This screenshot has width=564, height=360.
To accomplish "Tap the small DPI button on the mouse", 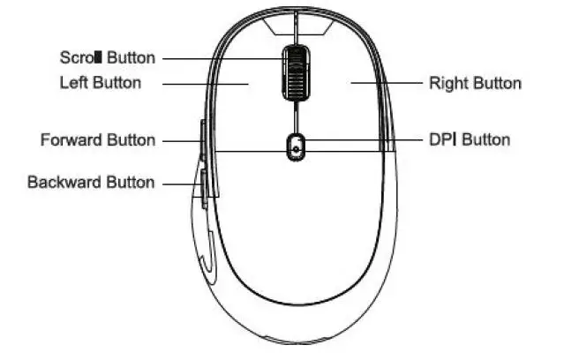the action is (295, 147).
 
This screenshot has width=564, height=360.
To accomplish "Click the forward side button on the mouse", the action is (202, 139).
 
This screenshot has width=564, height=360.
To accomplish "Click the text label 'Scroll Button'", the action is (107, 58).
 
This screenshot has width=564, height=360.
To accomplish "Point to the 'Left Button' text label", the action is (100, 83).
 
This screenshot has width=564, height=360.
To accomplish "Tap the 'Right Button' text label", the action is (475, 84).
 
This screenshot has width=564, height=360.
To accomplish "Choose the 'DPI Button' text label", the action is (469, 139).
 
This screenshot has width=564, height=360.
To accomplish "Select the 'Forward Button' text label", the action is (98, 139).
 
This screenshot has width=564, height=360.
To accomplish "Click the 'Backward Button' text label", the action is (91, 183).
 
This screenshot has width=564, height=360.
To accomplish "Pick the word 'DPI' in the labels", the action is (443, 139).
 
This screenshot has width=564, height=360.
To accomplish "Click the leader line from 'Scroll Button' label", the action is (221, 58).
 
